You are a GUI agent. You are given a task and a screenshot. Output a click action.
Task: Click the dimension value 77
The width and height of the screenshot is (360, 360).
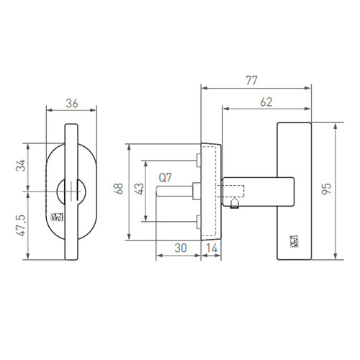pos(251,81)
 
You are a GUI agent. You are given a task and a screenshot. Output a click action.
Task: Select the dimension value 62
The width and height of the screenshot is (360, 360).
pos(266,102)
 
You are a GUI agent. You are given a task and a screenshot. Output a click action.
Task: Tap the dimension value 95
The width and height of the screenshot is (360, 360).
pos(326,189)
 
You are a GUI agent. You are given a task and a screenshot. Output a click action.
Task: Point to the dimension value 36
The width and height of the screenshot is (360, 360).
pos(72,104)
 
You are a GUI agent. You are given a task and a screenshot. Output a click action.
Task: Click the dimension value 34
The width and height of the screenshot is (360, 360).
pos(20,166)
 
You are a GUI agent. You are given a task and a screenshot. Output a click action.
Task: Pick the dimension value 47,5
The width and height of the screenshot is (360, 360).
pos(20,225)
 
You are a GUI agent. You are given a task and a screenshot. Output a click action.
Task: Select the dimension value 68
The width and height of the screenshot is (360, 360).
pos(119,189)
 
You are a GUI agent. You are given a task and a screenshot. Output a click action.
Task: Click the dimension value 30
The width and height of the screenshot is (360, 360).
pos(181,248)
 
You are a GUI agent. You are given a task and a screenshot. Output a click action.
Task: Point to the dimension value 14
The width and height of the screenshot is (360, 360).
pos(212,248)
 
